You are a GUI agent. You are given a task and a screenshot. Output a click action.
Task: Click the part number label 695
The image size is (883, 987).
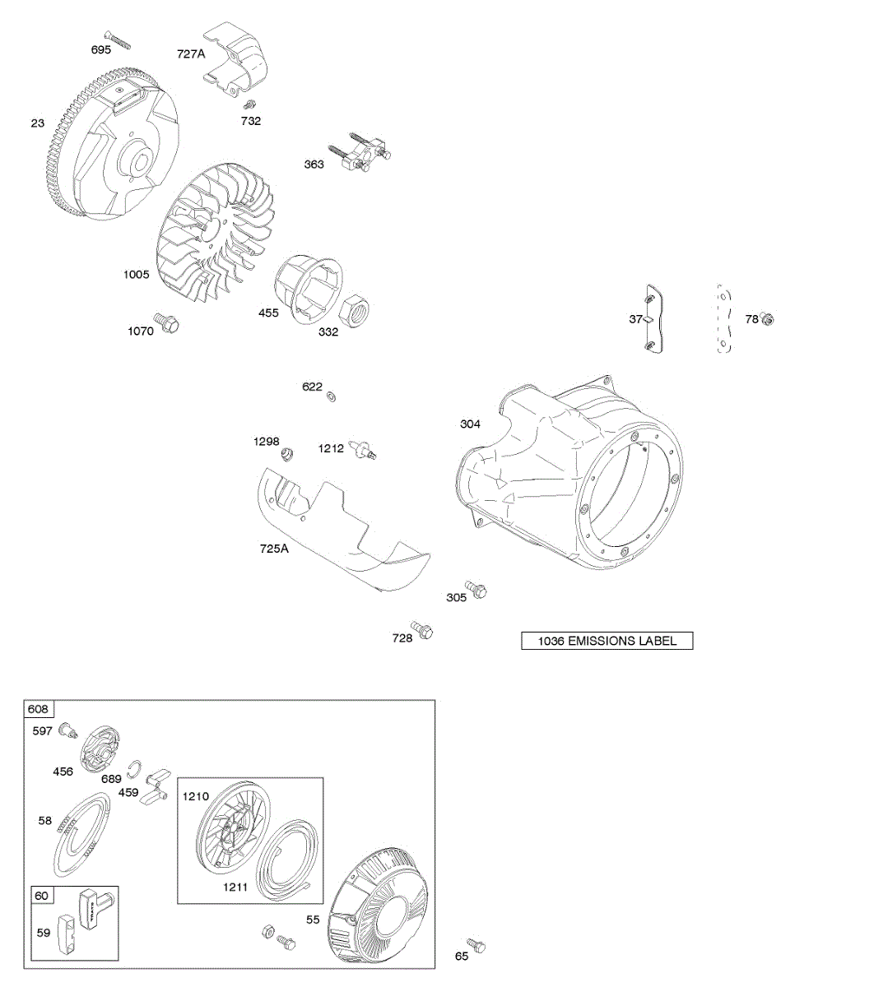point(101,50)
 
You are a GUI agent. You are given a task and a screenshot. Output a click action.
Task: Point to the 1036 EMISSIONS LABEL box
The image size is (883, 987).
point(607,641)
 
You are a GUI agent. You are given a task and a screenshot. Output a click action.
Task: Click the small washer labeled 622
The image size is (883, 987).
point(332,397)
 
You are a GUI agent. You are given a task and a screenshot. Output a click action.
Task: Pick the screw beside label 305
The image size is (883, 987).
point(476,588)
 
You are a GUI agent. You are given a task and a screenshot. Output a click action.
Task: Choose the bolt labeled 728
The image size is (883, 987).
point(423,631)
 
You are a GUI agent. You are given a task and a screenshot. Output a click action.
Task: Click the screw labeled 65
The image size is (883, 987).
point(476,946)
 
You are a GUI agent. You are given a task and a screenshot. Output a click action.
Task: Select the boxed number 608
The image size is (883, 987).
point(38,709)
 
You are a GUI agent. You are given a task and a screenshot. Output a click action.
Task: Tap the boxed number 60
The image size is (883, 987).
point(41,895)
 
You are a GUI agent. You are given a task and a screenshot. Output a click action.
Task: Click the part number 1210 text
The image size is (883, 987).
point(196,796)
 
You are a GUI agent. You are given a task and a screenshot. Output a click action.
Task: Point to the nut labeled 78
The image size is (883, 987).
point(768,319)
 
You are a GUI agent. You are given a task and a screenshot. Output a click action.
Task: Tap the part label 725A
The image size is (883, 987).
point(274,548)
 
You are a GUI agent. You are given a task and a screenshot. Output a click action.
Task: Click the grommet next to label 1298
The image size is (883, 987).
point(287,453)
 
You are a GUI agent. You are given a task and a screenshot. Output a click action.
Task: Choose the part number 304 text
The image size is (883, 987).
point(470,424)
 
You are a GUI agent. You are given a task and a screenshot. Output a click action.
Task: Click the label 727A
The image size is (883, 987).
point(191,54)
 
